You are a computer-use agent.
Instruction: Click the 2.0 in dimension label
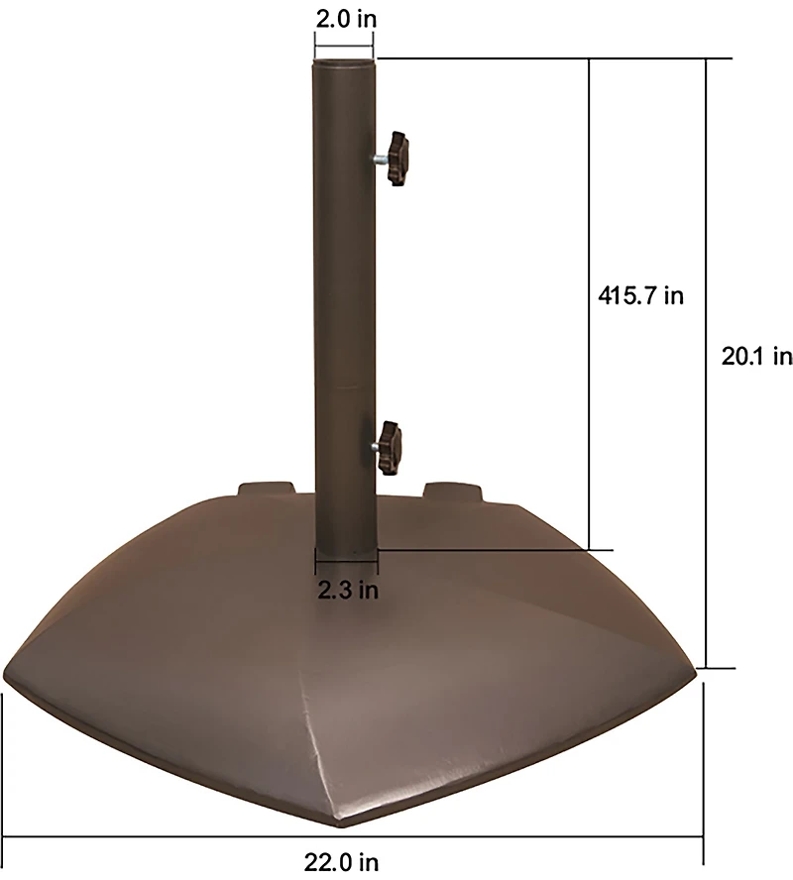[343, 17]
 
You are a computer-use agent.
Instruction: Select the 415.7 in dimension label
[641, 295]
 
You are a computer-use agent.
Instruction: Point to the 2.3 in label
[348, 591]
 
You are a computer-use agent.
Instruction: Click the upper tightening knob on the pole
[398, 159]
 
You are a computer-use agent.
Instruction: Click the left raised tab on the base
[266, 490]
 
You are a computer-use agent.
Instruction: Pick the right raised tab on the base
[452, 490]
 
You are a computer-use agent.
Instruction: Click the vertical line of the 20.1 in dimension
[707, 363]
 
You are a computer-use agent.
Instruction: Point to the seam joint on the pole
[344, 382]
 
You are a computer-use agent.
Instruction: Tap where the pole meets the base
[344, 547]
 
